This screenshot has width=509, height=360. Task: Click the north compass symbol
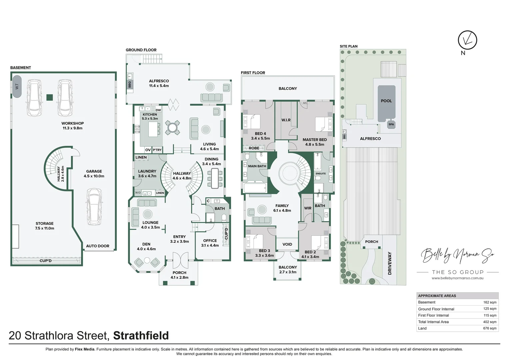click(467, 40)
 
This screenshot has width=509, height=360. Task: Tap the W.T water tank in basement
click(17, 86)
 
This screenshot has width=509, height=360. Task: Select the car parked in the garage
click(94, 207)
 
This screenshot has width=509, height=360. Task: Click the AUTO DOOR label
click(98, 246)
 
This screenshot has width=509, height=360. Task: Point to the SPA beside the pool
click(391, 124)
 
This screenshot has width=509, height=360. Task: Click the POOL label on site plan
click(386, 101)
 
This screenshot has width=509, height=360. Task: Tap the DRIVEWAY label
click(390, 263)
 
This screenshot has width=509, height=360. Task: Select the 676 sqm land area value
click(490, 328)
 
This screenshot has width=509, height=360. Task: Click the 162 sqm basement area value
click(490, 302)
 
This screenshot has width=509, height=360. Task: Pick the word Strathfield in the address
click(141, 335)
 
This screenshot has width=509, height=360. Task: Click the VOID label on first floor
click(287, 244)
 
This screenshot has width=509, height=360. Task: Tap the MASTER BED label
click(315, 140)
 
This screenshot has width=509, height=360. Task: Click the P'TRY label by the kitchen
click(157, 150)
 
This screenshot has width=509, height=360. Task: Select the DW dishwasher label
click(158, 110)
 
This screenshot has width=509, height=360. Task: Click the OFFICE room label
click(210, 241)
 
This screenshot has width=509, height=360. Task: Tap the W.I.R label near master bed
click(286, 120)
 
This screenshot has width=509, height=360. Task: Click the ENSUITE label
click(321, 174)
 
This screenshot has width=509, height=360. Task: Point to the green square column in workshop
click(50, 97)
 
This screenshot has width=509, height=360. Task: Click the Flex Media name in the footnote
click(85, 349)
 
